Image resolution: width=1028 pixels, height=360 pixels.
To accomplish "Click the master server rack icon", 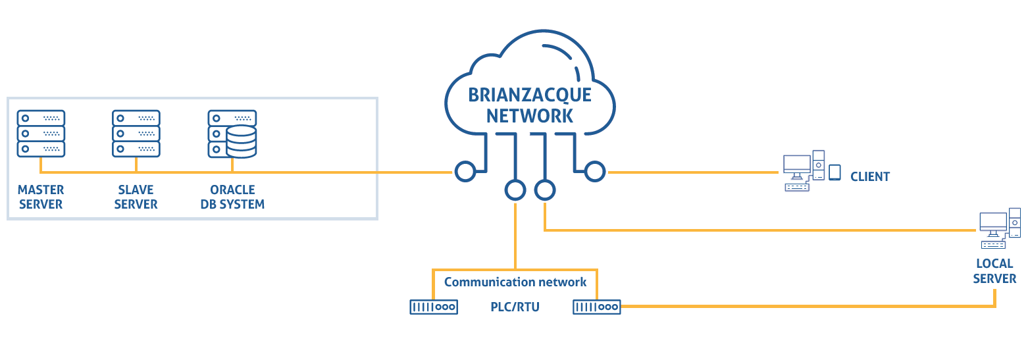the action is coord(41,134).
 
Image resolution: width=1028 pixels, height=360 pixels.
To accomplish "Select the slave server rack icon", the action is coord(136,134).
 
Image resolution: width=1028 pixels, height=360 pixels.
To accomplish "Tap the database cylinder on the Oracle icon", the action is coord(242,141).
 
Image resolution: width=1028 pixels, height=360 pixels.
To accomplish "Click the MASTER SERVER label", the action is coord(41,197).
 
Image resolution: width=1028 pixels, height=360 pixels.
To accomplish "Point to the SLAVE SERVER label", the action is coord(136,197).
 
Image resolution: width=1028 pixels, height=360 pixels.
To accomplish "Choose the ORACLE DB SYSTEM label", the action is coord(232,197).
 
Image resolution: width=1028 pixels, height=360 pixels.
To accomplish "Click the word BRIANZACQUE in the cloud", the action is coord(530,95).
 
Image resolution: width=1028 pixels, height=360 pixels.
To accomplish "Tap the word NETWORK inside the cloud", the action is coord(530,116).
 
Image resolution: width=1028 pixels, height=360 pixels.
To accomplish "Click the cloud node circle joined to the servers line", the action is coord(465,172).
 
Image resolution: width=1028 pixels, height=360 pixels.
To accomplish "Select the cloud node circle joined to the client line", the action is coord(595,172).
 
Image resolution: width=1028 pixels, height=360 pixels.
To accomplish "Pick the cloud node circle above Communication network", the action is coord(515,190).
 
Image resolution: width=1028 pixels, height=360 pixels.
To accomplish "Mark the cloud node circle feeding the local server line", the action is coord(545,190).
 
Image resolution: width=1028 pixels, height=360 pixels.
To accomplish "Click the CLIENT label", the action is coord(869,177).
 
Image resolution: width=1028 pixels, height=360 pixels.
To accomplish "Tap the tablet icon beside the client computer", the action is coord(835,172).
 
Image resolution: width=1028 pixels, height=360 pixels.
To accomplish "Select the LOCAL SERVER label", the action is coord(994,271).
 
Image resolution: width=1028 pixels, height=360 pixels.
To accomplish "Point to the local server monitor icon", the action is coord(993,224).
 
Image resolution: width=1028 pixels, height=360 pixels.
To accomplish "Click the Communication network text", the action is coord(515,282).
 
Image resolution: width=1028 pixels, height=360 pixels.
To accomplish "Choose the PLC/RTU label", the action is coord(515,307).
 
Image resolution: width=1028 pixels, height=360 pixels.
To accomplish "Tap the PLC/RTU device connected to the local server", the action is coord(597,307).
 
